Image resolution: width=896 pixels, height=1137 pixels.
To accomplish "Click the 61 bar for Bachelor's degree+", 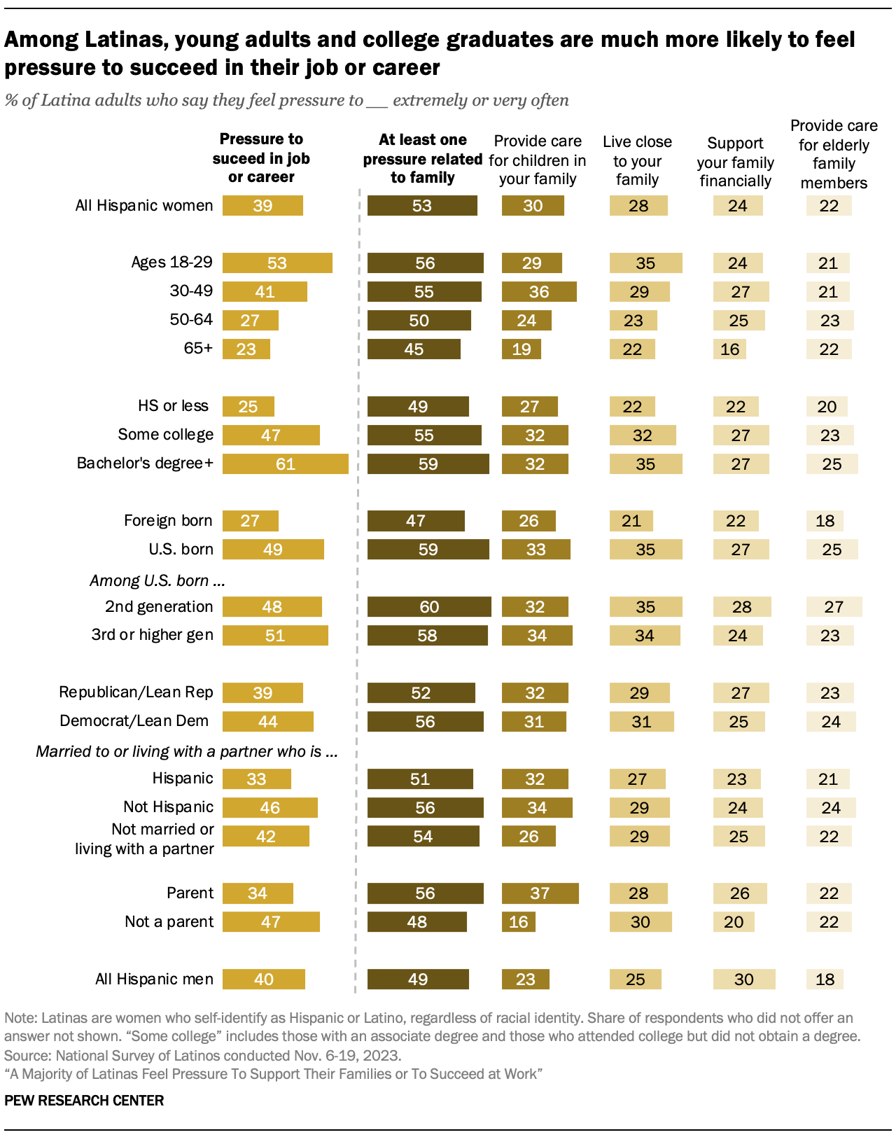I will tap(285, 464).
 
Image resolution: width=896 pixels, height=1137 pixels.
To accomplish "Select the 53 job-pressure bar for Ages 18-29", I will tap(277, 263).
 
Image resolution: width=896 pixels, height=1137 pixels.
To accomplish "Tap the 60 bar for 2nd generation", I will tap(428, 607).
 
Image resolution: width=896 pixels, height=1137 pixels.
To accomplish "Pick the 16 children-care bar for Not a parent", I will tap(519, 922).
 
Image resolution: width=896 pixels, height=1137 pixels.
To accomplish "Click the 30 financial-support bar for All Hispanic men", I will tap(743, 979).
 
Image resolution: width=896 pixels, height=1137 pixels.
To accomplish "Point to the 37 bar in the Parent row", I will tap(540, 893).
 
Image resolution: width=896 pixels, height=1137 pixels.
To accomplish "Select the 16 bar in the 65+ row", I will tap(729, 349).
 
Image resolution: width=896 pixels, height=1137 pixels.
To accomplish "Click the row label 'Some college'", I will tap(165, 435).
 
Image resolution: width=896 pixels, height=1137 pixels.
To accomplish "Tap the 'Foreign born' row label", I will tap(168, 521).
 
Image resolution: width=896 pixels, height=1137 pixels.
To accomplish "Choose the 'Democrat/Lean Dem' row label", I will tap(134, 721).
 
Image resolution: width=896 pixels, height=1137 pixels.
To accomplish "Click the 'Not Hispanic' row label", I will tap(168, 807).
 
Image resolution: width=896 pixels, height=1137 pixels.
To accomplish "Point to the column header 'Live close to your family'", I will tap(637, 161).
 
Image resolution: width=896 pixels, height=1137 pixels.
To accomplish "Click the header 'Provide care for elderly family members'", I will tap(834, 154).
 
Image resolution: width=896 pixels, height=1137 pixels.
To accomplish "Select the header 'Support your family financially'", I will tap(735, 162).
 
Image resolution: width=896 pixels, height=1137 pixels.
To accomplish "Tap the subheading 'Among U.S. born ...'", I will tap(157, 581).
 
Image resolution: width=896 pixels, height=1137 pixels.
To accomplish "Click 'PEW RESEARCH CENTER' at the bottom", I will tap(84, 1101).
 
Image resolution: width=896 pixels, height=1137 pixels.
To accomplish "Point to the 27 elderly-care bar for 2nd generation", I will tap(834, 607).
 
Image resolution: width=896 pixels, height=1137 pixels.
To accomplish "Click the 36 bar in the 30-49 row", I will tap(538, 292).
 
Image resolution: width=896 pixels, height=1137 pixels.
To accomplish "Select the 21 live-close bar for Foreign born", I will tap(631, 521).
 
